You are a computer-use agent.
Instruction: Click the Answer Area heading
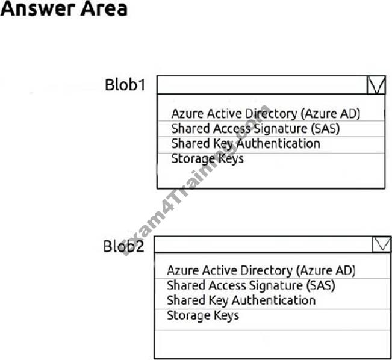point(64,9)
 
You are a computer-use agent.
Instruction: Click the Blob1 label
point(125,85)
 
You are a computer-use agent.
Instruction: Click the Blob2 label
point(124,246)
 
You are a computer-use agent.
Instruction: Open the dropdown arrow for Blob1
point(376,85)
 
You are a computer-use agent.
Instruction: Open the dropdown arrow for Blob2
point(382,244)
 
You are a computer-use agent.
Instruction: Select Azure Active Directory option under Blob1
point(266,114)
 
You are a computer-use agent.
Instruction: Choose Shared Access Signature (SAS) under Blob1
point(255,129)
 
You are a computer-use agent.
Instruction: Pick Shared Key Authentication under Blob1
point(246,144)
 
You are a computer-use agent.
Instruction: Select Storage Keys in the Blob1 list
point(208,159)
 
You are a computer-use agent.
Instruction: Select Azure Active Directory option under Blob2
point(261,271)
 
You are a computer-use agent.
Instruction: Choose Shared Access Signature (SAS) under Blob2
point(251,285)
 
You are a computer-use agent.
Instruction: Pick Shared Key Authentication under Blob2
point(241,300)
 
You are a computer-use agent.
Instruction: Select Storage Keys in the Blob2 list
point(203,315)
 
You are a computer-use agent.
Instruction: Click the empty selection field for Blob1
point(263,85)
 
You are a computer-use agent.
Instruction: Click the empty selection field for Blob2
point(264,244)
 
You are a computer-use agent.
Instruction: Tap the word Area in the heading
point(104,9)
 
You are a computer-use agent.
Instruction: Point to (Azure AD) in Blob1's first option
point(331,114)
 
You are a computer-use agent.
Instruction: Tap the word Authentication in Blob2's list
point(273,300)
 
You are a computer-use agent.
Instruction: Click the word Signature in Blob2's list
point(276,285)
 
